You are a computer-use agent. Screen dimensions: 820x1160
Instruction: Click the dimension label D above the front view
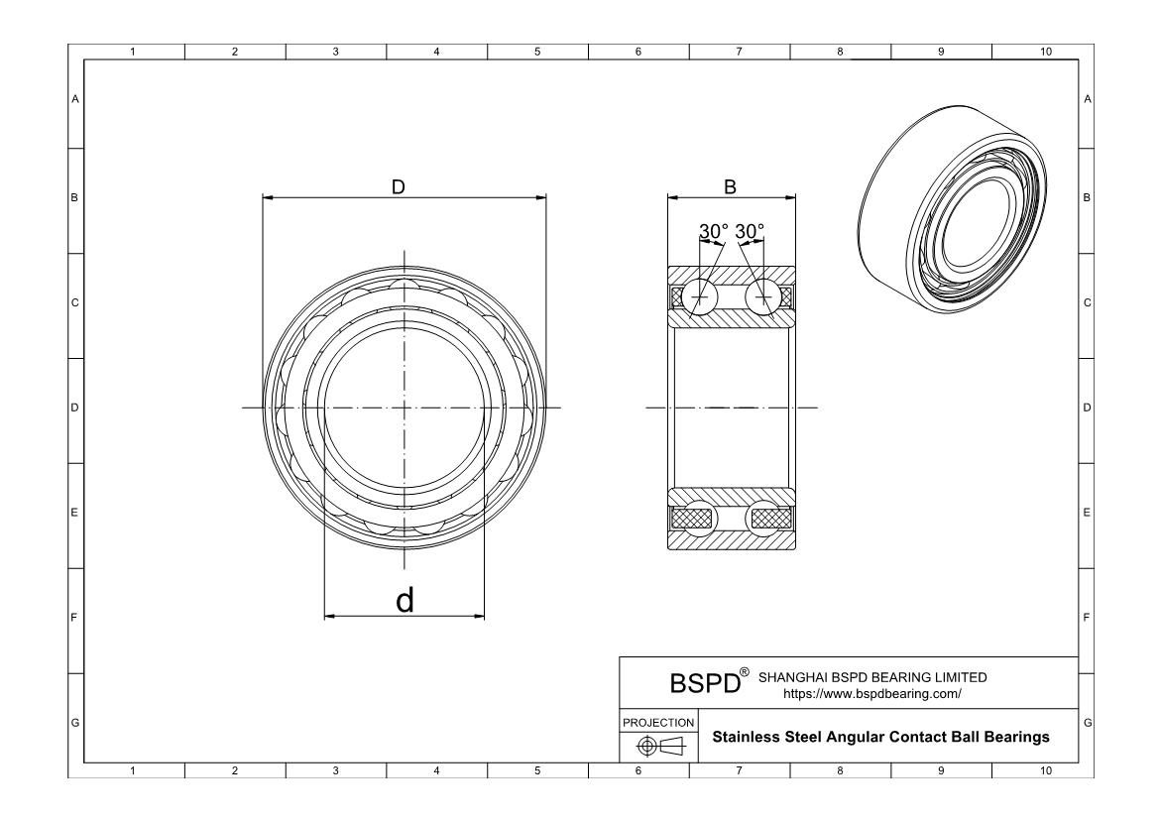pyautogui.click(x=399, y=186)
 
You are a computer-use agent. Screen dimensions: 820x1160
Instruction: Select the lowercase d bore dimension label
pyautogui.click(x=405, y=600)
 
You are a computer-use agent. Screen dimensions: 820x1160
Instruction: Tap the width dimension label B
pyautogui.click(x=730, y=186)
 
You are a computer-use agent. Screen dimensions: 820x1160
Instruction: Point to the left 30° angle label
pyautogui.click(x=713, y=231)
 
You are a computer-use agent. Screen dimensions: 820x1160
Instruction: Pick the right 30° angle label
pyautogui.click(x=750, y=231)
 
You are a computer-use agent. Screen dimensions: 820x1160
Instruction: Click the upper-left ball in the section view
pyautogui.click(x=701, y=296)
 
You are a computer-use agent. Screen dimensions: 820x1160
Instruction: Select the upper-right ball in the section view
pyautogui.click(x=763, y=296)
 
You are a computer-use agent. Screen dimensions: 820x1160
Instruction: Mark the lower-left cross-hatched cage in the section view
pyautogui.click(x=693, y=518)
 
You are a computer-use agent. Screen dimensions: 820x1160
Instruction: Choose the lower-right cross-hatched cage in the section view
pyautogui.click(x=771, y=518)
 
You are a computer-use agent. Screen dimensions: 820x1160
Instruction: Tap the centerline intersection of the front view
pyautogui.click(x=405, y=408)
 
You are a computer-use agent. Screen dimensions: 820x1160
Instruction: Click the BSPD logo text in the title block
pyautogui.click(x=706, y=684)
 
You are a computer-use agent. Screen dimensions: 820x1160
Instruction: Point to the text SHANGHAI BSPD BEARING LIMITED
pyautogui.click(x=872, y=677)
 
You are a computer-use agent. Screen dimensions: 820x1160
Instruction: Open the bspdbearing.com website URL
pyautogui.click(x=872, y=694)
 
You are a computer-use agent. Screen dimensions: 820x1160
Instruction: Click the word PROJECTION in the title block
pyautogui.click(x=658, y=722)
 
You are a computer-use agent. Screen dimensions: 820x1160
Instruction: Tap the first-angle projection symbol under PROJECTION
pyautogui.click(x=658, y=746)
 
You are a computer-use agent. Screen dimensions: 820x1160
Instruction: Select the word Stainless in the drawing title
pyautogui.click(x=749, y=738)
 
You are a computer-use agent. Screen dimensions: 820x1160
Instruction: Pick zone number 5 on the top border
pyautogui.click(x=537, y=52)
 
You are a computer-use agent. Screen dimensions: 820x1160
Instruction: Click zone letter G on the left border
pyautogui.click(x=75, y=723)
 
